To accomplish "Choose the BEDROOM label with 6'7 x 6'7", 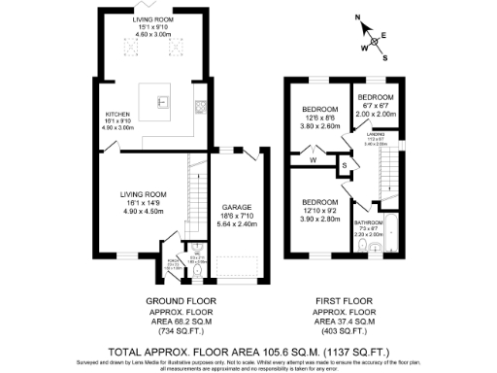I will coord(375,98).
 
